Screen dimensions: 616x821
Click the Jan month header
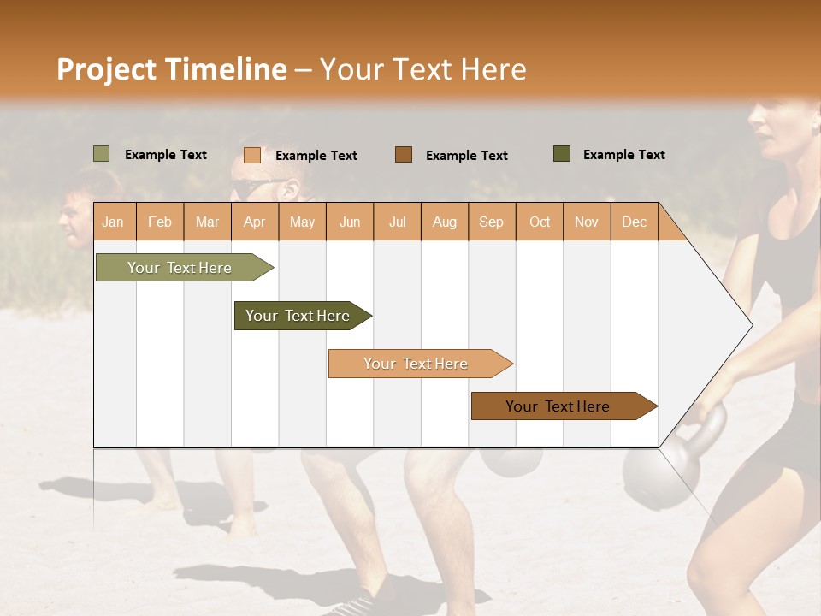click(113, 222)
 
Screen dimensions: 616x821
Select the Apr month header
click(254, 222)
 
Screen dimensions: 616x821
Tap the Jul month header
click(397, 222)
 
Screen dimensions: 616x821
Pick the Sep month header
click(491, 222)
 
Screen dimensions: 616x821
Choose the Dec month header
click(634, 222)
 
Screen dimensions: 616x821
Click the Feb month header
click(160, 222)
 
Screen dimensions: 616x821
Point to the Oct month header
click(540, 222)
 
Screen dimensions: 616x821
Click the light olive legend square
click(101, 154)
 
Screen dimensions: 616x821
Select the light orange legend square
click(251, 155)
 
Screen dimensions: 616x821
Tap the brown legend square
click(404, 155)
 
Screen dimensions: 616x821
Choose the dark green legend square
click(561, 154)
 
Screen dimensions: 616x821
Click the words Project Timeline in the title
click(172, 69)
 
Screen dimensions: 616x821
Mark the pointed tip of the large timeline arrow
click(751, 324)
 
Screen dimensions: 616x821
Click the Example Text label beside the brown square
click(466, 155)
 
